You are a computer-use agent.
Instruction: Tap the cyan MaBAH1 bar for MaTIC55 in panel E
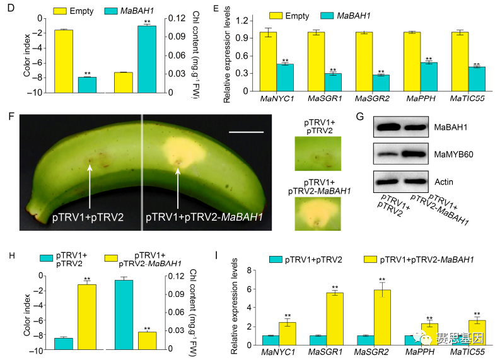point(477,79)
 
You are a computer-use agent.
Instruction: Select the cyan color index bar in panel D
point(87,84)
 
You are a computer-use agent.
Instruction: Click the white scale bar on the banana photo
point(246,132)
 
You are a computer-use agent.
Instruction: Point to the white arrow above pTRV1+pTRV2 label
point(90,183)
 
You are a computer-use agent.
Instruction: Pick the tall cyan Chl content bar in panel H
point(124,314)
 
